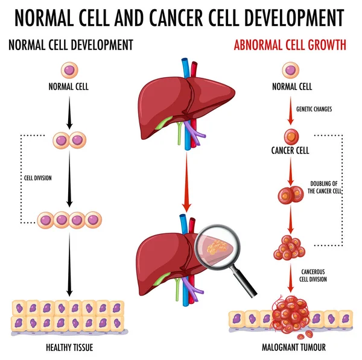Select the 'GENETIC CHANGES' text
click(x=314, y=109)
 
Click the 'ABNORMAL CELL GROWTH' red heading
click(x=290, y=44)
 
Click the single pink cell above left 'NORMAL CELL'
click(x=69, y=70)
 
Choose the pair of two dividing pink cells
click(x=69, y=141)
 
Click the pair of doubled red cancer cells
click(x=290, y=194)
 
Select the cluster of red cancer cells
click(x=290, y=247)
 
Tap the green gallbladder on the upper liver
click(x=162, y=123)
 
